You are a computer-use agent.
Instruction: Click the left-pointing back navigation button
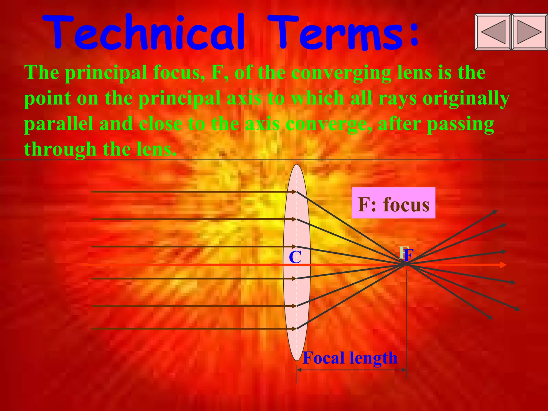493,32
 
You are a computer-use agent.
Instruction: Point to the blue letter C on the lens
295,257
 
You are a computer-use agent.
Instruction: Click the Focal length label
350,358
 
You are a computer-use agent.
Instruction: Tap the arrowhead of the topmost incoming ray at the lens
294,192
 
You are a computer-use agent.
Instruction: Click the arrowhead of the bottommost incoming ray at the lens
294,329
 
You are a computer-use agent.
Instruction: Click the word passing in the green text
460,124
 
